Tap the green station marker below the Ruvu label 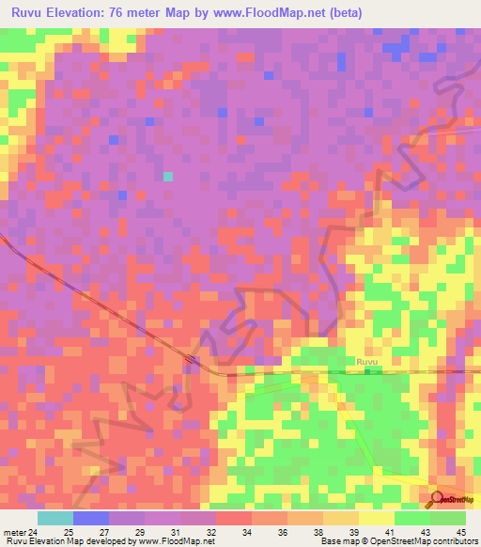coord(367,369)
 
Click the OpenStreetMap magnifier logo coord(437,499)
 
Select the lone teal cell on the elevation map coord(168,176)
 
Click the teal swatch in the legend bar coord(54,518)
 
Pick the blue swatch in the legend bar coord(90,518)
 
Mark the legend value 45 coord(459,531)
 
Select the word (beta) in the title coord(345,13)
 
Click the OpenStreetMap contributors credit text coord(413,541)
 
